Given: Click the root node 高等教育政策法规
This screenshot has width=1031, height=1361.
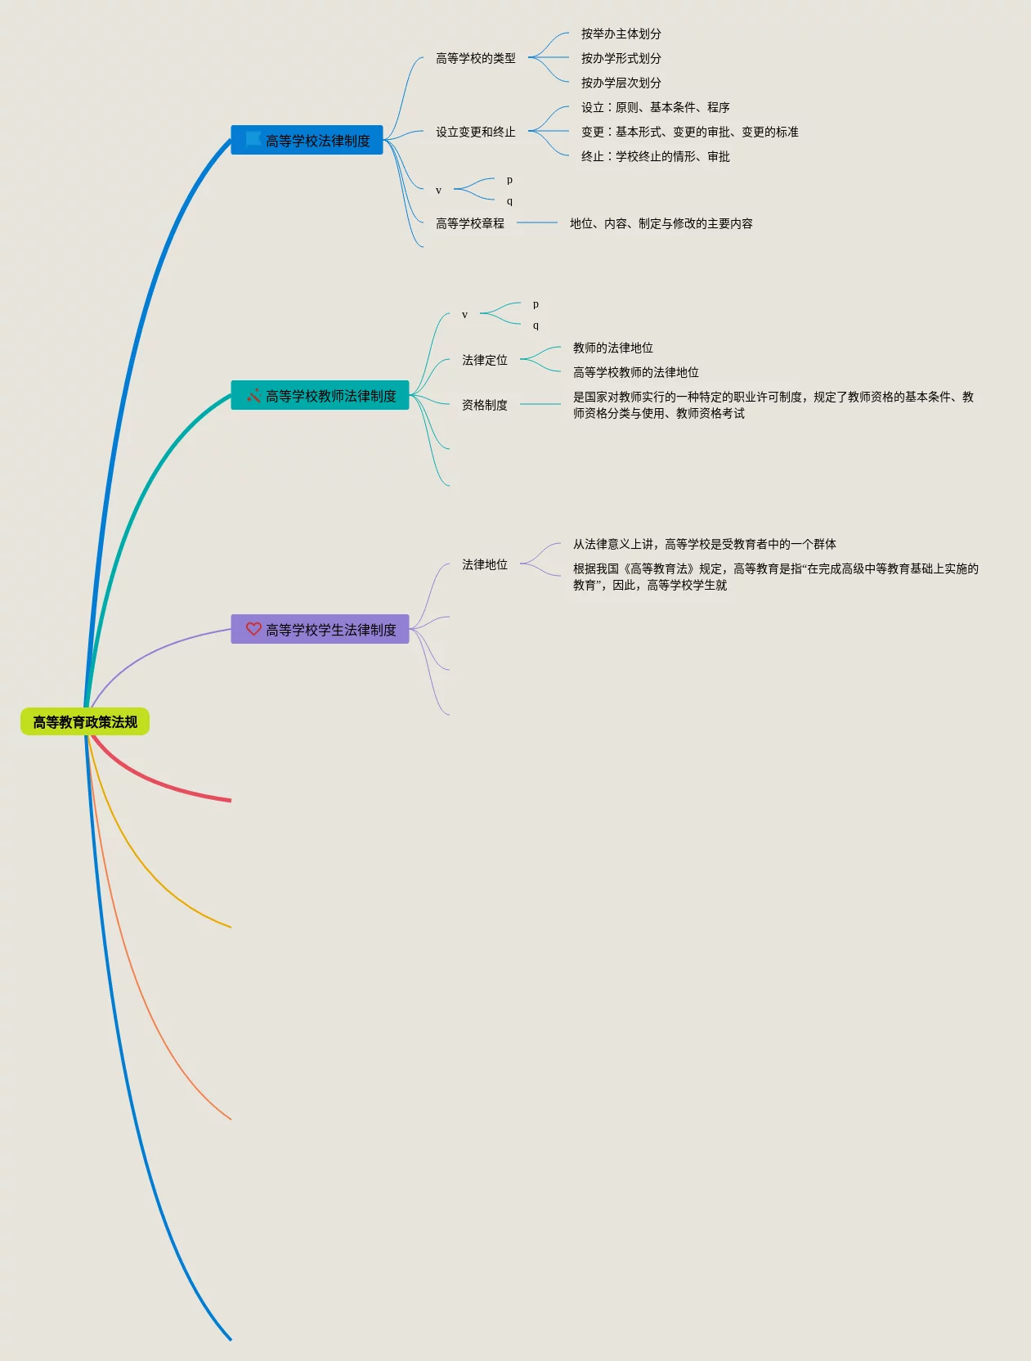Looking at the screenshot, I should [85, 721].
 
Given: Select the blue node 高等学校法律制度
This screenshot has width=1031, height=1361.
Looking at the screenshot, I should [317, 141].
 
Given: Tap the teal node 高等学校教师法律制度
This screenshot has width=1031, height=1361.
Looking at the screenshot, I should [330, 396].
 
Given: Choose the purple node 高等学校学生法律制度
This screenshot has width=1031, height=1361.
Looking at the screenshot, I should [330, 630].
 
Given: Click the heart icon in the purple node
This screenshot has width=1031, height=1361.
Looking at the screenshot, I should [253, 629].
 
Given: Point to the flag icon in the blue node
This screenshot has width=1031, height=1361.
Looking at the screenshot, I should [253, 140].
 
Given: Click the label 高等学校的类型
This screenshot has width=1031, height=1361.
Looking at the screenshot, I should [475, 58].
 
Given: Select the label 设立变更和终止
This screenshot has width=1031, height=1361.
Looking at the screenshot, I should [475, 132].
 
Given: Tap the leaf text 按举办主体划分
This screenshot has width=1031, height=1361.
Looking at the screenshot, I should [621, 34].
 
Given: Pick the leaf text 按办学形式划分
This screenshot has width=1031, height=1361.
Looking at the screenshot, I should [621, 58].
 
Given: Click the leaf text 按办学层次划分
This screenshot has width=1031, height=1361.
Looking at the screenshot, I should [621, 83].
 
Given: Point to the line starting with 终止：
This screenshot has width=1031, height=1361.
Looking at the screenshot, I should [655, 156].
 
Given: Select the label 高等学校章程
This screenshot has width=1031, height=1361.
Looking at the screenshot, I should [469, 223].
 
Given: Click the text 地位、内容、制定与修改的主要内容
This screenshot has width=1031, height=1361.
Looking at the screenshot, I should [661, 223].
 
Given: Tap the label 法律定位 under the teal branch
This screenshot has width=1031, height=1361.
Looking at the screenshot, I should [484, 360].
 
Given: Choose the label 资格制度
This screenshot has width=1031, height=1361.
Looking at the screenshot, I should [484, 405].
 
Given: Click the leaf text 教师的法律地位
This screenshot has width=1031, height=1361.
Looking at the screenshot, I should [612, 348].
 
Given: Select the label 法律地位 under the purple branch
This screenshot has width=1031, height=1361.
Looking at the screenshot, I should [484, 564].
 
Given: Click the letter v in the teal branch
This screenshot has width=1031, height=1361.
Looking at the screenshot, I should [464, 315].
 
